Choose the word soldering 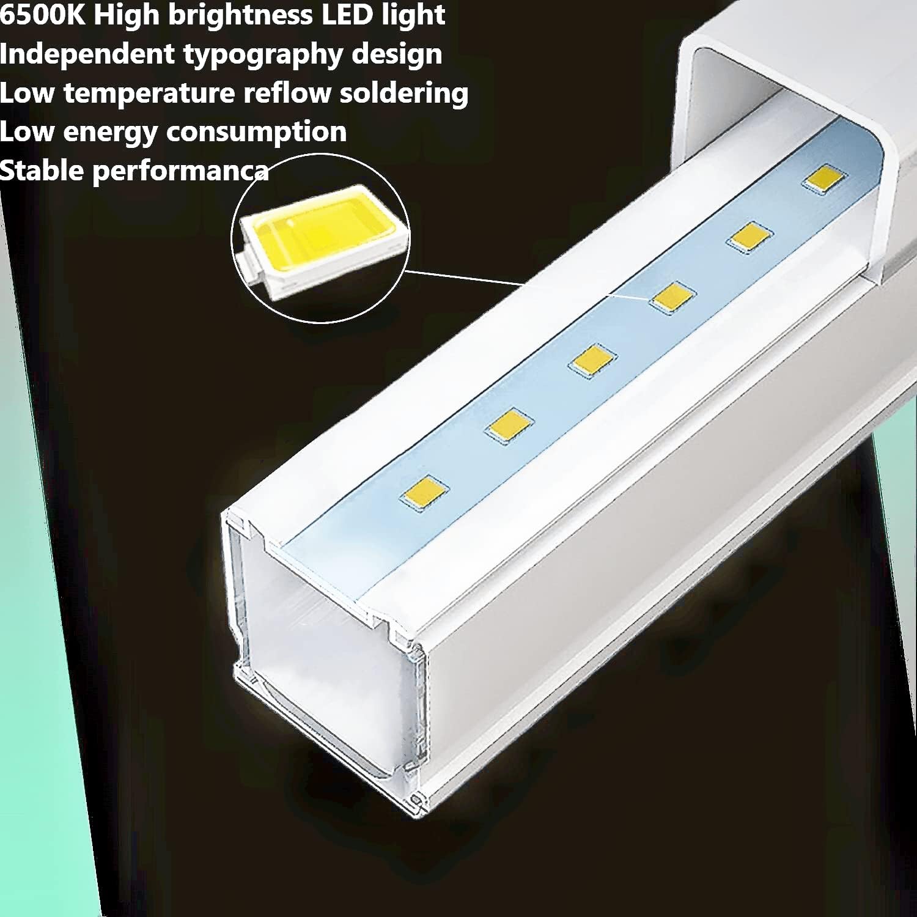[404, 94]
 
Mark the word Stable [42, 171]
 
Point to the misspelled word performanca [180, 172]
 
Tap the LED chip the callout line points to [672, 298]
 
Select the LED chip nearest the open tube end [424, 491]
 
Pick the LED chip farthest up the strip [825, 179]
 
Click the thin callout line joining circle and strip [526, 283]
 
